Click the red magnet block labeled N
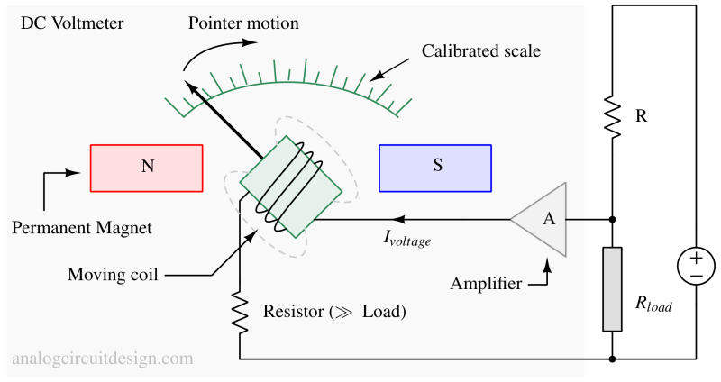coord(146,168)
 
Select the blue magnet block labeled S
coord(436,168)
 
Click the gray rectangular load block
coord(613,288)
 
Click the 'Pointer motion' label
coord(243,23)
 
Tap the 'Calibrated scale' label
coord(481,51)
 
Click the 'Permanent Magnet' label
coord(82,228)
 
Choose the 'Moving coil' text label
coord(113,275)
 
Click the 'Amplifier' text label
coord(486,285)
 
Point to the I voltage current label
coord(407,240)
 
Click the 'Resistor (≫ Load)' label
coord(334,313)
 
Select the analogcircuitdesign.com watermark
coord(102,359)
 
